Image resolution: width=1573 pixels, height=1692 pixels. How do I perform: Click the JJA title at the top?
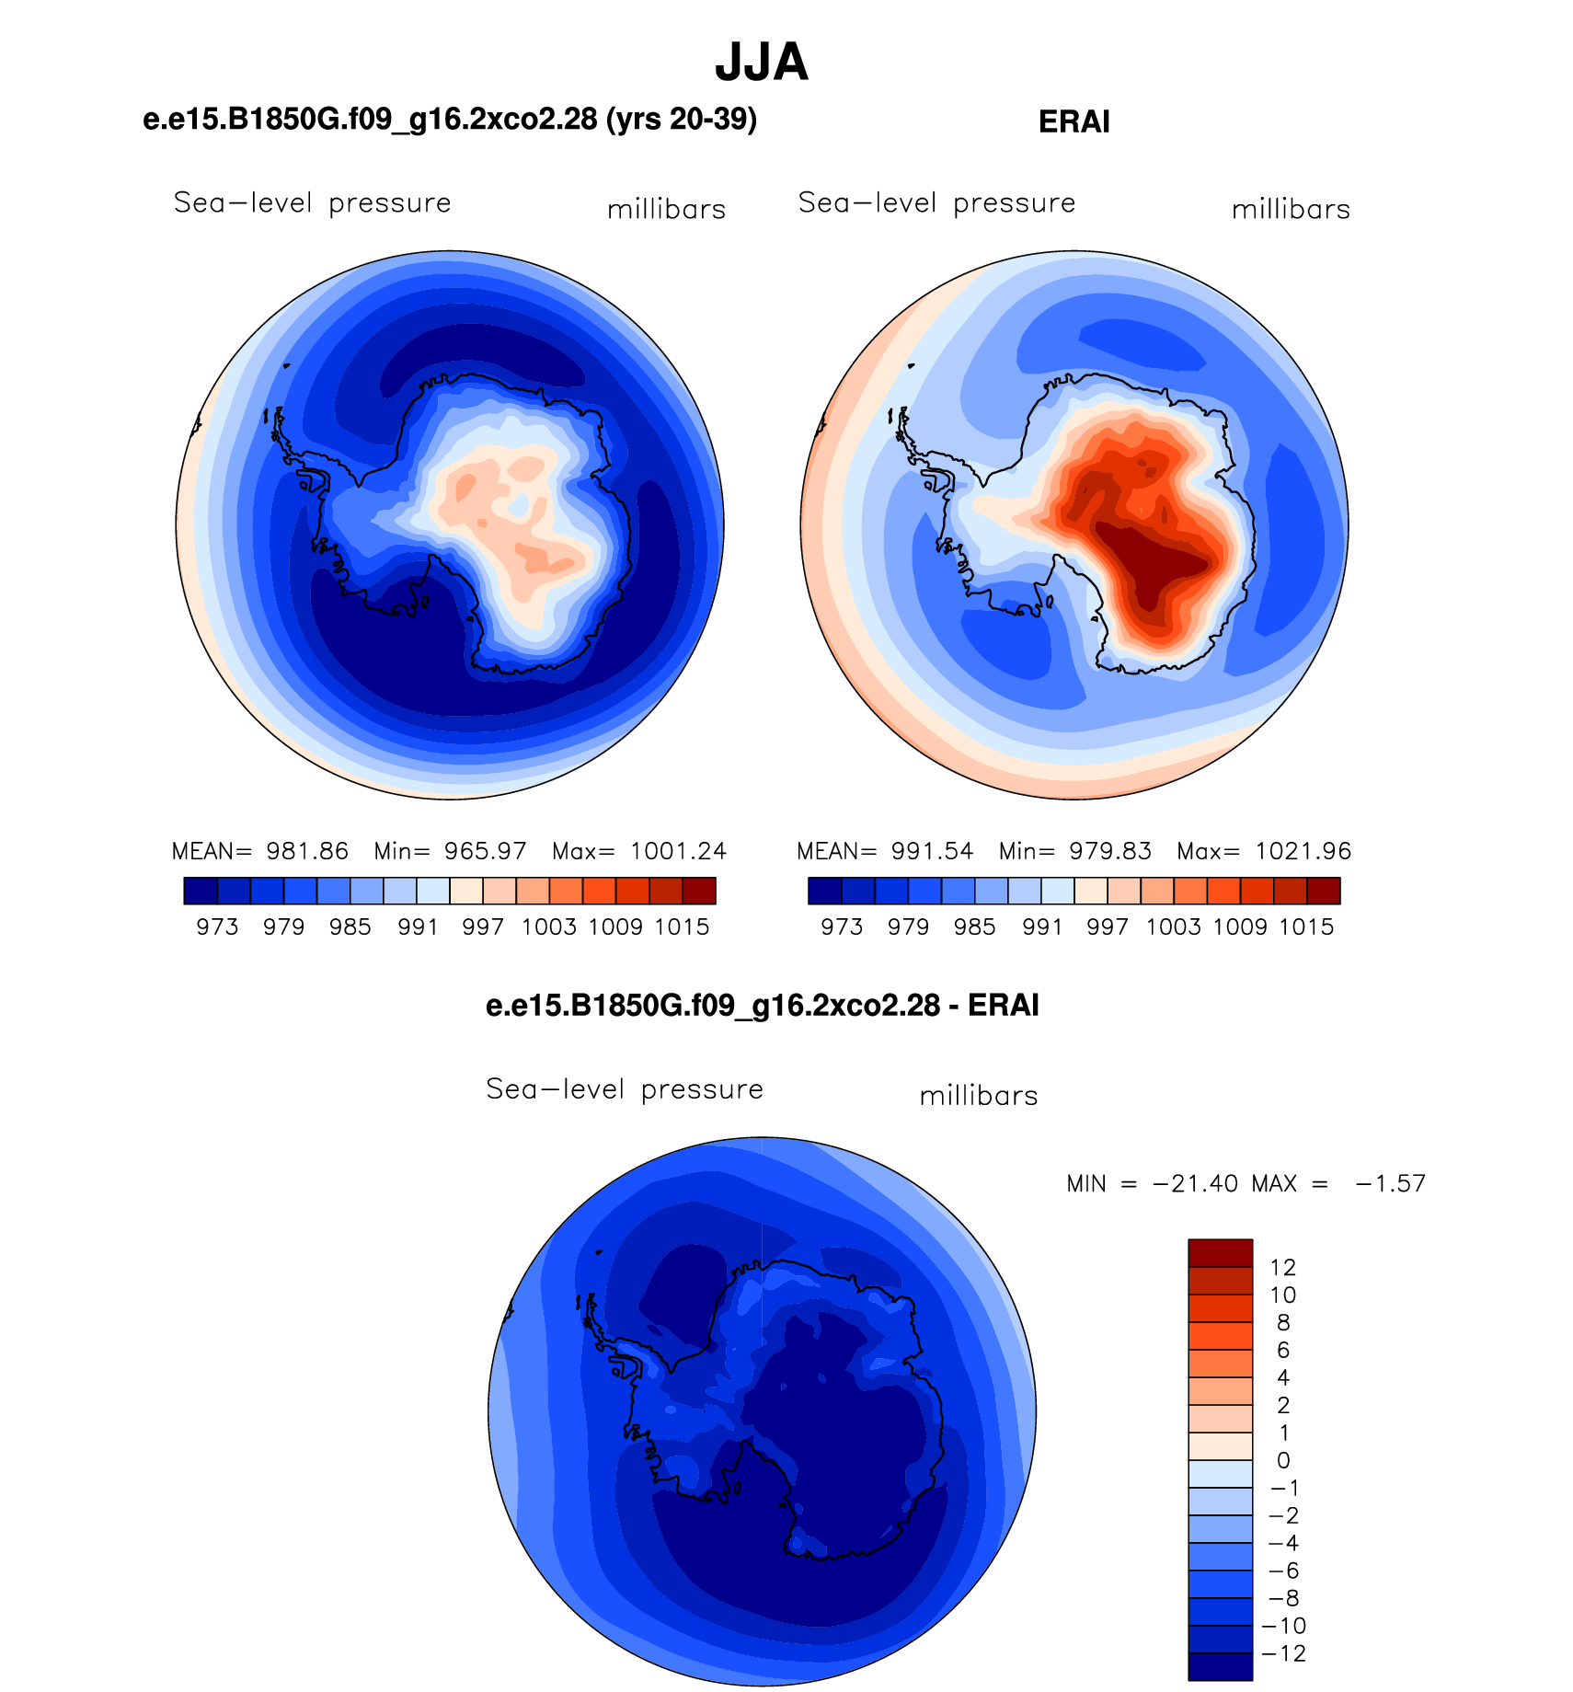[x=762, y=63]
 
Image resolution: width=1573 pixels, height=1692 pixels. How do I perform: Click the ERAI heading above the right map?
[x=1074, y=121]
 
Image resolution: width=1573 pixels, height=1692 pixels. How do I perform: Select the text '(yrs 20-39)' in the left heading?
[x=682, y=119]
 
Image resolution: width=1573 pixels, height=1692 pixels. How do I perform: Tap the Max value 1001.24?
[x=678, y=851]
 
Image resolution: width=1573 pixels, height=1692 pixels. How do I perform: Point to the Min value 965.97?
[x=486, y=851]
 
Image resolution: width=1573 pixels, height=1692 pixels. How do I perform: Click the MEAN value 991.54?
[x=932, y=851]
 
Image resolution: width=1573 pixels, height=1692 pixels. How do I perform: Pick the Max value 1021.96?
[x=1303, y=851]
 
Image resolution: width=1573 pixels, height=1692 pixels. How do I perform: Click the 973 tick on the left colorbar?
[x=217, y=927]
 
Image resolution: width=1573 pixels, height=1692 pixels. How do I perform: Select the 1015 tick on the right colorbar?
[x=1306, y=927]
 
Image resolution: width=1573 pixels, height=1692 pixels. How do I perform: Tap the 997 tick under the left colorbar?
[x=483, y=927]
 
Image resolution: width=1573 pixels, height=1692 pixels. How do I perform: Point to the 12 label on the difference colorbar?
[x=1282, y=1267]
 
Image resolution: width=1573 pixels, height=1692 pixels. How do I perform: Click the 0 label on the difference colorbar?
[x=1283, y=1460]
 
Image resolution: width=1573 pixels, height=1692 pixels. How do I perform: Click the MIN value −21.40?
[x=1195, y=1183]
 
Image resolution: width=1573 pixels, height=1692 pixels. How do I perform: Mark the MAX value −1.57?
[x=1390, y=1183]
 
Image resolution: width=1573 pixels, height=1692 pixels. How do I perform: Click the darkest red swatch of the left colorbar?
[x=699, y=891]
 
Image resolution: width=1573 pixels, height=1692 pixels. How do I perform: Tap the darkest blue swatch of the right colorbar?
[x=825, y=891]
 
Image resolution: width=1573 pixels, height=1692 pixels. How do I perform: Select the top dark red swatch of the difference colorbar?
[x=1220, y=1253]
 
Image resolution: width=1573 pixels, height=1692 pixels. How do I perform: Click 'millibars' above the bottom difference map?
[x=979, y=1095]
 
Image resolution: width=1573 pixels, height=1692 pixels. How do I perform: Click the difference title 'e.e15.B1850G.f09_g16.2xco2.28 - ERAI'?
[x=762, y=1005]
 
